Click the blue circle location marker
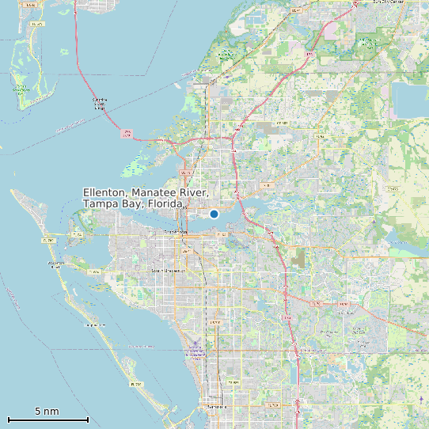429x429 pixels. click(214, 214)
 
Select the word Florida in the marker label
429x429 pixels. click(163, 204)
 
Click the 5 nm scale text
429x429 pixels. click(47, 412)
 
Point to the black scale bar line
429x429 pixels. click(47, 420)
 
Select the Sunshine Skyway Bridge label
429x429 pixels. click(100, 102)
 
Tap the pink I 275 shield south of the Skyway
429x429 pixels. click(126, 135)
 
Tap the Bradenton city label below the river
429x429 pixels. click(175, 232)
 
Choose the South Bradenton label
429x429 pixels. click(167, 270)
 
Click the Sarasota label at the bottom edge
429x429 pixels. click(215, 406)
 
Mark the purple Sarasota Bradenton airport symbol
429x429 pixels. click(196, 344)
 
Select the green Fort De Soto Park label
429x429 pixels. click(21, 89)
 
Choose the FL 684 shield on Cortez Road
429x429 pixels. click(94, 271)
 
